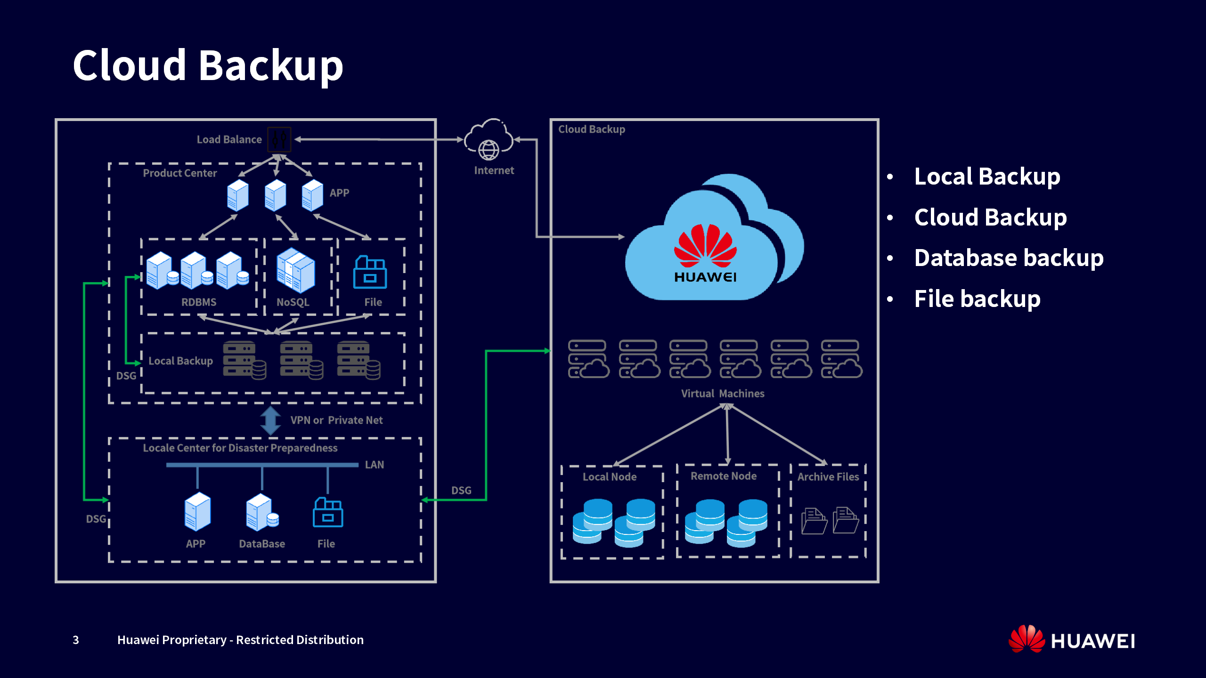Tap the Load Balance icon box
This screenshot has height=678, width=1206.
coord(279,139)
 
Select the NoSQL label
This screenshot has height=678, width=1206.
coord(293,302)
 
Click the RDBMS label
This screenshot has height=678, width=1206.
coord(199,302)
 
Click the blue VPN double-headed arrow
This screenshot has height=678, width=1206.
coord(271,420)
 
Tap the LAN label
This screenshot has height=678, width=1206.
coord(375,465)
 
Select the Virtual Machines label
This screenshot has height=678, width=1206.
coord(723,394)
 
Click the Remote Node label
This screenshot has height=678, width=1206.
coord(724,476)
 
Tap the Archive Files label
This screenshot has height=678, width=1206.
coord(828,477)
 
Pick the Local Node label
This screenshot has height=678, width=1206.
coord(610,477)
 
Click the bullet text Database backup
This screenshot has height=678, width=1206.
coord(1009,258)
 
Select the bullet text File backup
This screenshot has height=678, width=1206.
coord(977,299)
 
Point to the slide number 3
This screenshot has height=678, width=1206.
coord(76,640)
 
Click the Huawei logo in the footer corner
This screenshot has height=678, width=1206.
coord(1072,640)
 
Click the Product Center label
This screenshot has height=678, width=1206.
coord(180,173)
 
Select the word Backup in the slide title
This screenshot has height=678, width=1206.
coord(271,65)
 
